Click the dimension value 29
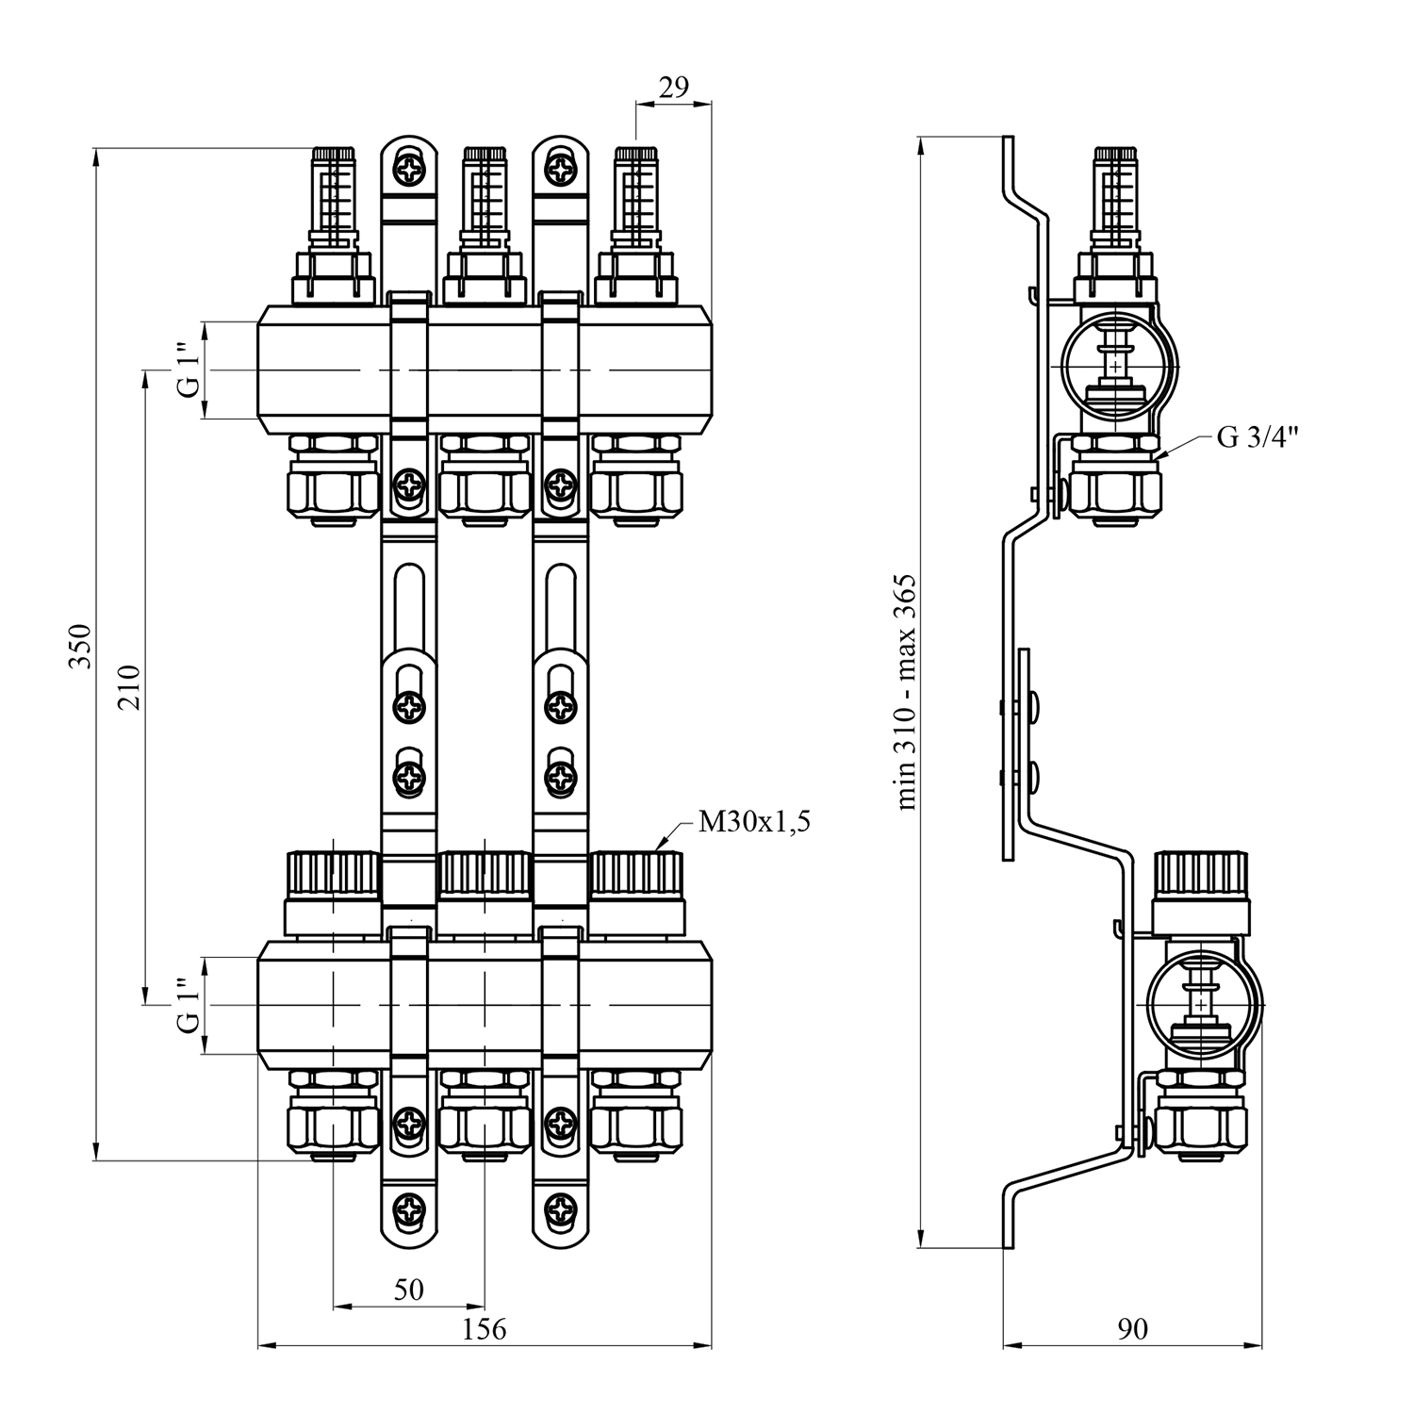pyautogui.click(x=673, y=88)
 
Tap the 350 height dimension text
pyautogui.click(x=83, y=646)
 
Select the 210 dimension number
pyautogui.click(x=129, y=687)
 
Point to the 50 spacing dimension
pyautogui.click(x=409, y=1289)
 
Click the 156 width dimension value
pyautogui.click(x=485, y=1329)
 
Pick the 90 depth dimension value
pyautogui.click(x=1133, y=1329)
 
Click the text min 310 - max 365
pyautogui.click(x=907, y=693)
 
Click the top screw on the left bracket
pyautogui.click(x=410, y=172)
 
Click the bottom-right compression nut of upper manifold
pyautogui.click(x=636, y=490)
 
